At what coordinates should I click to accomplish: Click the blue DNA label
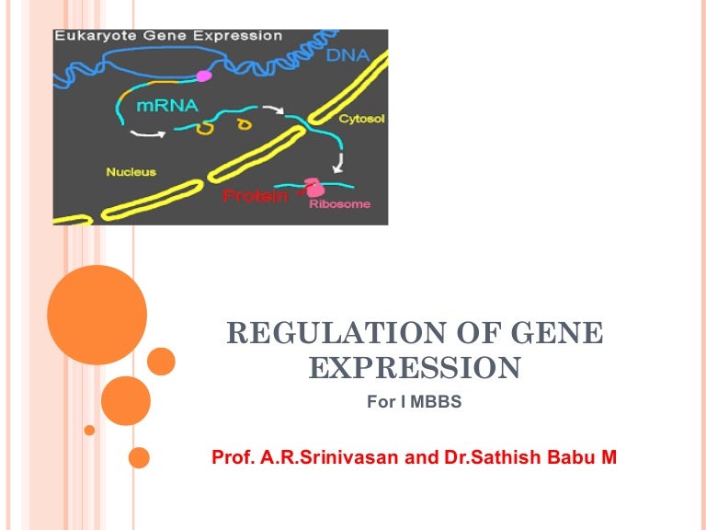[x=347, y=55]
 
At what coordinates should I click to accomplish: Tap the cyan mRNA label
[x=167, y=106]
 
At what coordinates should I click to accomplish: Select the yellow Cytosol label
[x=361, y=119]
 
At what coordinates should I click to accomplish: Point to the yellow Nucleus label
[x=131, y=172]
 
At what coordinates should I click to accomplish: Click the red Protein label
[x=256, y=196]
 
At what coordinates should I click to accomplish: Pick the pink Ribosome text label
[x=340, y=203]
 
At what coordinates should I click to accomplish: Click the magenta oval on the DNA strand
[x=204, y=75]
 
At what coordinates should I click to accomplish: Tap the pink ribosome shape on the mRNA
[x=313, y=188]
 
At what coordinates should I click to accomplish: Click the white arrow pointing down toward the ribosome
[x=338, y=163]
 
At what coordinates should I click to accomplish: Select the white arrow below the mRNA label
[x=148, y=133]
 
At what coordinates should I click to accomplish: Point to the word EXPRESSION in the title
[x=415, y=368]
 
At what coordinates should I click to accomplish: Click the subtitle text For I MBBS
[x=415, y=401]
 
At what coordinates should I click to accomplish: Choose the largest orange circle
[x=97, y=315]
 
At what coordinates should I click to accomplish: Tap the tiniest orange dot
[x=89, y=430]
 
